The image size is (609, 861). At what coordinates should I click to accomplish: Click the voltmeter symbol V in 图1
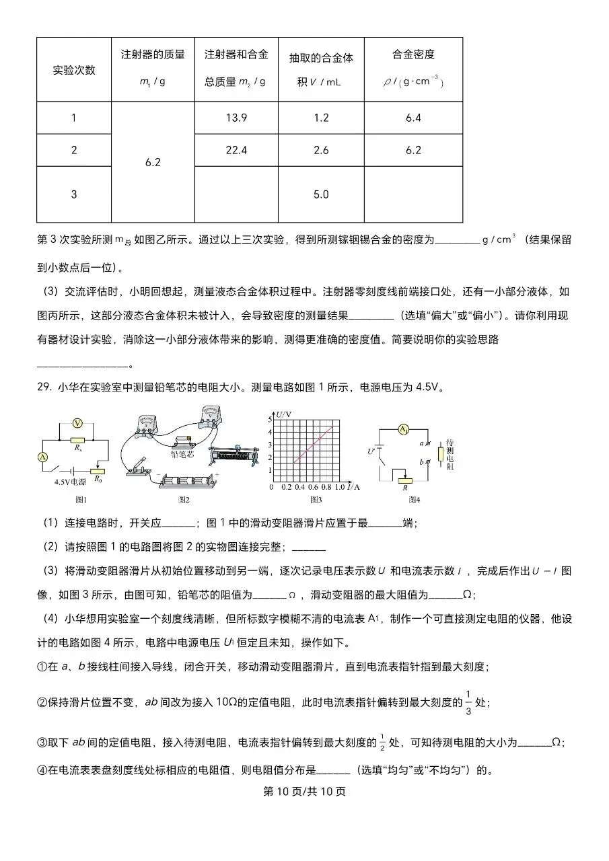tap(77, 423)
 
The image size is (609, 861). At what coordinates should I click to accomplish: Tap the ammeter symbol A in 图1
tap(43, 457)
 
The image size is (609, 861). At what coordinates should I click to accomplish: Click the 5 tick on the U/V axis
tap(272, 419)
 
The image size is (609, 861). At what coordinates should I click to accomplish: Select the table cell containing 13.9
tap(236, 118)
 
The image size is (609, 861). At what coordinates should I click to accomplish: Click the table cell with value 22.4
tap(236, 150)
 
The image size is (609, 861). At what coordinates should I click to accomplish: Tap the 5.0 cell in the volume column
tap(321, 194)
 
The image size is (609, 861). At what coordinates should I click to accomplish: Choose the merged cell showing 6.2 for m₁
tap(153, 162)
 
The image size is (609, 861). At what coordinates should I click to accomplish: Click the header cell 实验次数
tap(74, 70)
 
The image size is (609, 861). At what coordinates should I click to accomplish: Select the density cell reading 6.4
tap(413, 118)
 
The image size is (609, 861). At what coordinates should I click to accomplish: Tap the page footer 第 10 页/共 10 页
tap(303, 792)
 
